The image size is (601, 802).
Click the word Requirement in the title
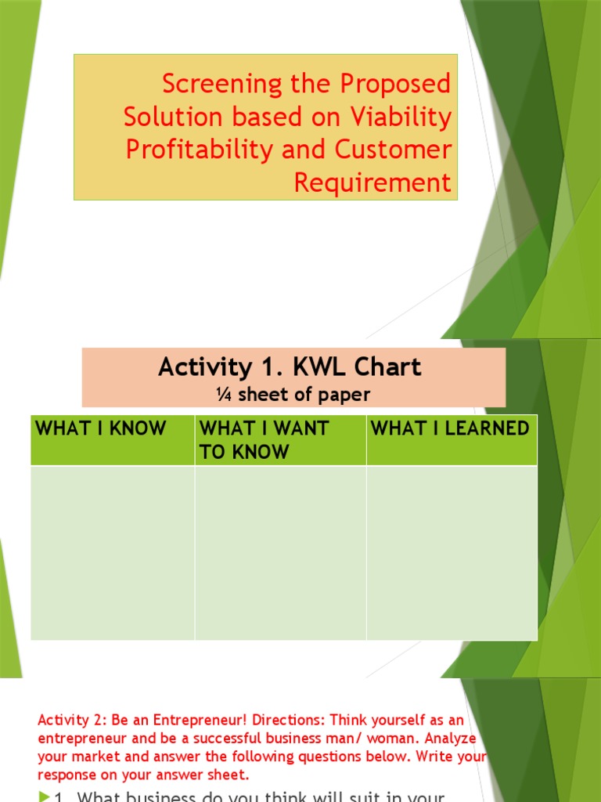pyautogui.click(x=372, y=182)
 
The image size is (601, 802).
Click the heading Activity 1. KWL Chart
pyautogui.click(x=290, y=367)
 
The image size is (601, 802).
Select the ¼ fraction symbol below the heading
pyautogui.click(x=222, y=395)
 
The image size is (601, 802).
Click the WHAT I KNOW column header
pyautogui.click(x=101, y=428)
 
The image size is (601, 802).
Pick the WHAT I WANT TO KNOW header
pyautogui.click(x=264, y=439)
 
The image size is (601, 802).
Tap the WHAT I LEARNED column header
pyautogui.click(x=450, y=428)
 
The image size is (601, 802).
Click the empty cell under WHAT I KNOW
pyautogui.click(x=113, y=552)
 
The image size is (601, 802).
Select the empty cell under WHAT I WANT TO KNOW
pyautogui.click(x=280, y=552)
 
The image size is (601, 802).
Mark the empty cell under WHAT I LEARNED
pyautogui.click(x=452, y=552)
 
